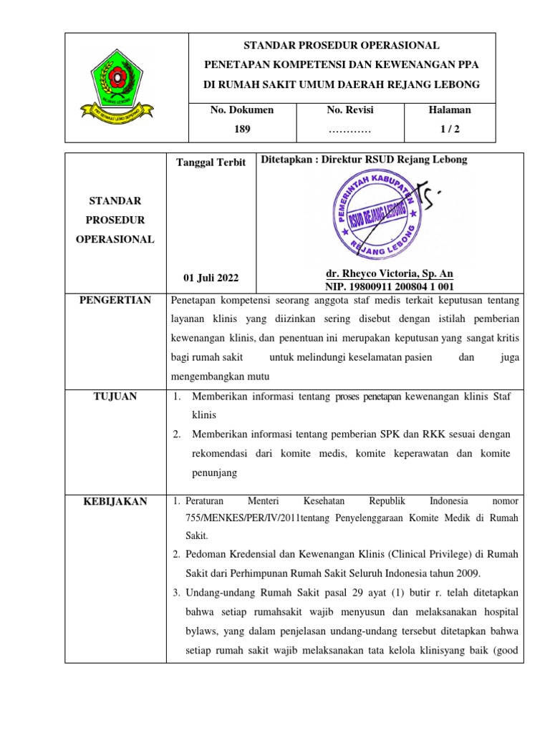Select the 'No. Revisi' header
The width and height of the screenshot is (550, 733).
pyautogui.click(x=349, y=110)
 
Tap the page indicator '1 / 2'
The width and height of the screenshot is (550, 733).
pyautogui.click(x=449, y=130)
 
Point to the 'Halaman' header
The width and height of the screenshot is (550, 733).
pyautogui.click(x=449, y=110)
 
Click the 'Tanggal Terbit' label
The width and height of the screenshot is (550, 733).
pyautogui.click(x=211, y=162)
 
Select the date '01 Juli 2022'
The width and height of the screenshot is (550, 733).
pyautogui.click(x=211, y=278)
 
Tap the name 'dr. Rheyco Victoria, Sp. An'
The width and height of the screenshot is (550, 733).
pyautogui.click(x=389, y=274)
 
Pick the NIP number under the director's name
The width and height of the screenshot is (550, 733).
pyautogui.click(x=389, y=286)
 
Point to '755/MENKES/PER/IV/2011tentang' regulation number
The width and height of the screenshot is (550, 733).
pyautogui.click(x=242, y=518)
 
